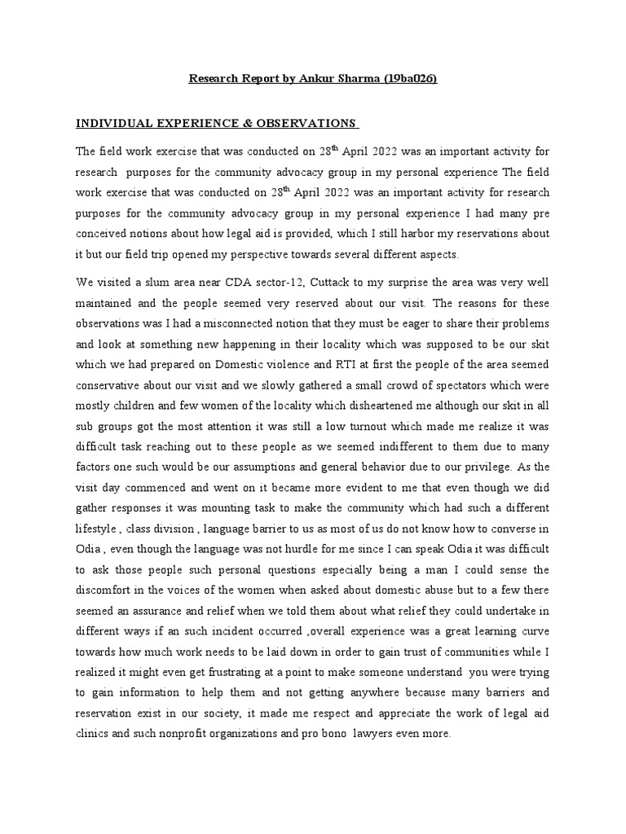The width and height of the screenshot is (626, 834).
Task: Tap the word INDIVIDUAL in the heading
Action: tap(116, 123)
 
